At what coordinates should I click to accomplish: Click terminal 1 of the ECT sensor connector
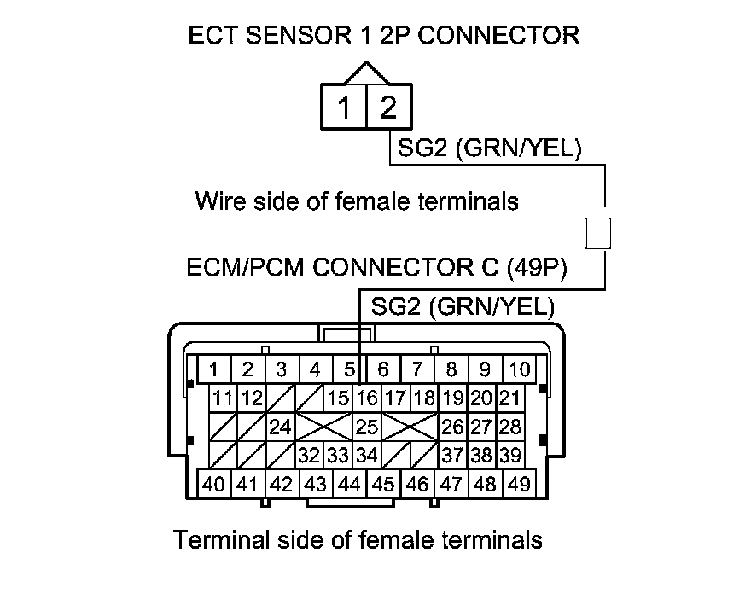click(344, 108)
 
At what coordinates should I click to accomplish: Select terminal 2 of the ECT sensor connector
click(388, 108)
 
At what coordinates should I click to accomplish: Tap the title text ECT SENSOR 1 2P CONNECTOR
click(384, 35)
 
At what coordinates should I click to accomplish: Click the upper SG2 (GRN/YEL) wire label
click(489, 149)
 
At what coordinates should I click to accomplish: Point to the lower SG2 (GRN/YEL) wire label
click(462, 307)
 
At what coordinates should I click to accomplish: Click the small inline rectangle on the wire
click(600, 232)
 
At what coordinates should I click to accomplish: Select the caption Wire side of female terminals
click(357, 201)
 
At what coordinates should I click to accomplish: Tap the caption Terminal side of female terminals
click(358, 539)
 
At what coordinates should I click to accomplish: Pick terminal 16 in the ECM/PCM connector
click(367, 398)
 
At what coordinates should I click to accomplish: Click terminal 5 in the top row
click(349, 369)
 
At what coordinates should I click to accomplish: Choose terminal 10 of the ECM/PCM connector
click(518, 369)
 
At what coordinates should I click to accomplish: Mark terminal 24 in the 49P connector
click(280, 426)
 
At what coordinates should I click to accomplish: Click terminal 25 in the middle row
click(367, 426)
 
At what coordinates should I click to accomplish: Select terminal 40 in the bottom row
click(215, 484)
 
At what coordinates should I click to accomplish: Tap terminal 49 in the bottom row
click(518, 484)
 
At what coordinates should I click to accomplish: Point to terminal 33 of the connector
click(338, 455)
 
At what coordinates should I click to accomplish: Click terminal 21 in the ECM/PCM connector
click(509, 398)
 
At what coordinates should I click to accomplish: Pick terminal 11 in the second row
click(224, 398)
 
